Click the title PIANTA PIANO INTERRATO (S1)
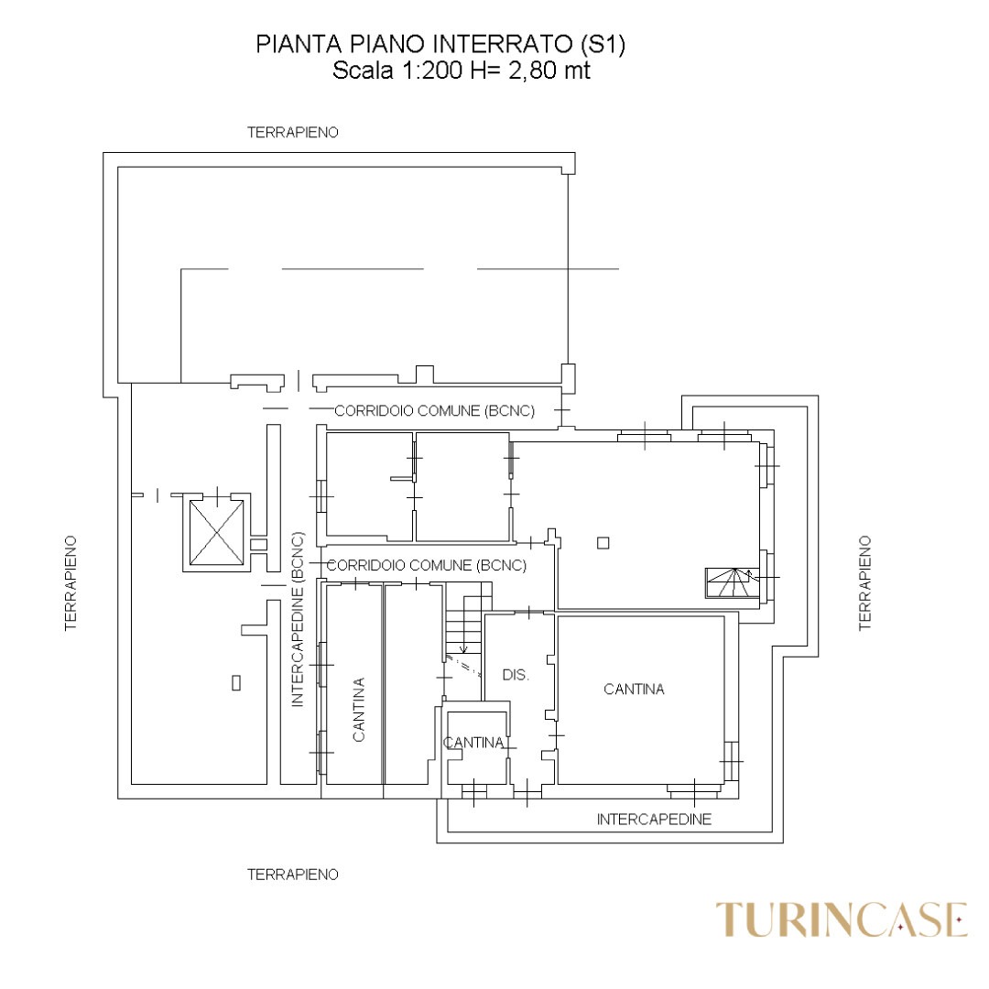coord(440,45)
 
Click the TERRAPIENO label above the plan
coord(293,133)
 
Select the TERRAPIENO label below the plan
coord(293,875)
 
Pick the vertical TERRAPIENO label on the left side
coord(71,582)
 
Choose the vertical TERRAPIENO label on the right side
coord(864,582)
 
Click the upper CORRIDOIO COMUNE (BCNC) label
coord(435,411)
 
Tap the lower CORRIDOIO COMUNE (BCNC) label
coord(427,565)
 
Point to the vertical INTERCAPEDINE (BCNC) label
coord(298,619)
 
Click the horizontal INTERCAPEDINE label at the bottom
coord(654,820)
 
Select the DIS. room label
coord(516,675)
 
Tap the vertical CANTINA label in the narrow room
coord(358,710)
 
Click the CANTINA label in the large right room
coord(634,690)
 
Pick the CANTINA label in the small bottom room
coord(473,743)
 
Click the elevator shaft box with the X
coord(216,532)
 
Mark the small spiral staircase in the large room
coord(732,582)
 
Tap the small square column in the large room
coord(603,542)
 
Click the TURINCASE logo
coord(841,919)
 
